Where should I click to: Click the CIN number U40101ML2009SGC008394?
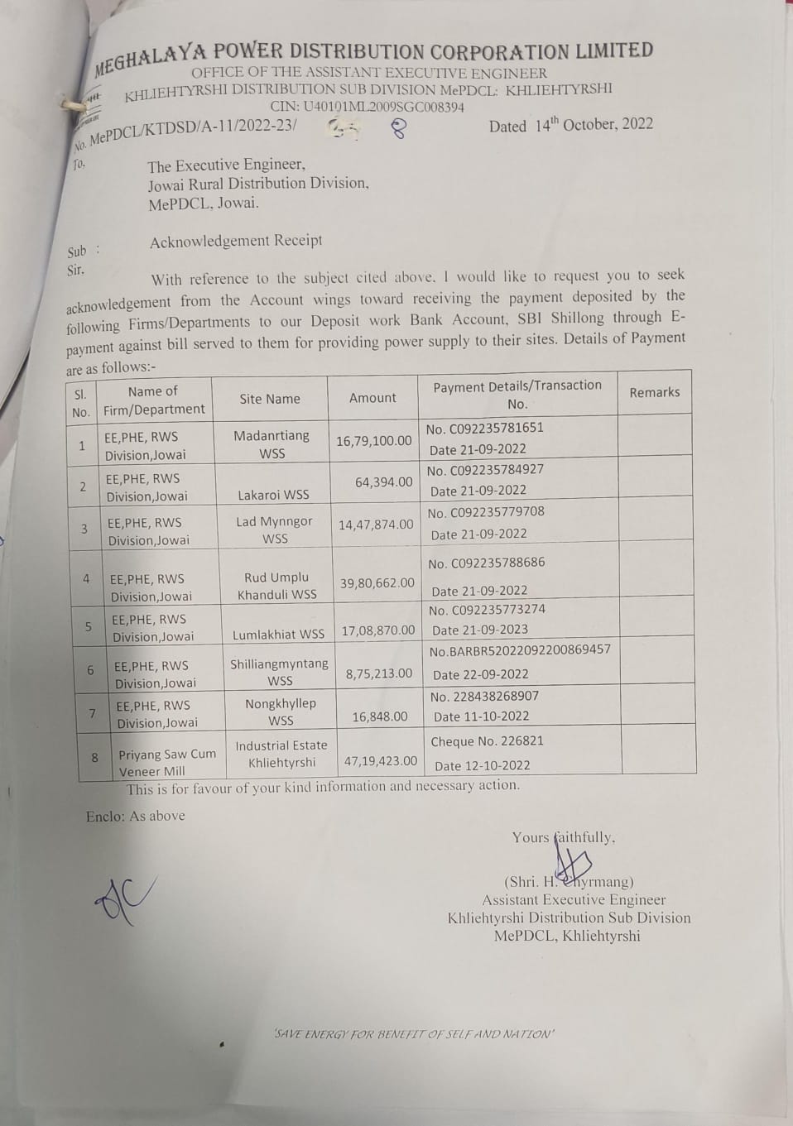[382, 107]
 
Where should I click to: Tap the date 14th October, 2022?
[593, 125]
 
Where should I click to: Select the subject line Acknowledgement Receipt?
[236, 241]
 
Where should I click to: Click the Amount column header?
[372, 398]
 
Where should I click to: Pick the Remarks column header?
[654, 392]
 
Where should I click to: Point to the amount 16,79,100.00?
[373, 441]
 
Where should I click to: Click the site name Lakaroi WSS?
[273, 495]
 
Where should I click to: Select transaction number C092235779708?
[497, 512]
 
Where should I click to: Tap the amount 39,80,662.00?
[377, 583]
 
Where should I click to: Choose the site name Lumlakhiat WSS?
[278, 635]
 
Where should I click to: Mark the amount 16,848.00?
[380, 716]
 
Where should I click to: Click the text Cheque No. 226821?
[487, 741]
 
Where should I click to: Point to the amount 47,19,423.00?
[381, 761]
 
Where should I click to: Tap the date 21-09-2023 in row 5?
[480, 630]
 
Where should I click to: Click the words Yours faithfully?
[563, 837]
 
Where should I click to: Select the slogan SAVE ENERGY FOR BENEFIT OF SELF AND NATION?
[414, 1034]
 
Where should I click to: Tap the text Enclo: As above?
[135, 816]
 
